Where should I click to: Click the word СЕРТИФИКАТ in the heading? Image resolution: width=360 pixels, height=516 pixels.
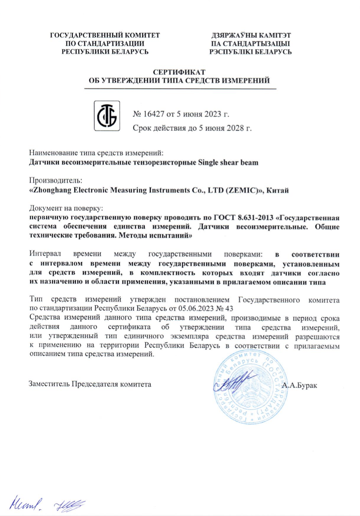pyautogui.click(x=180, y=72)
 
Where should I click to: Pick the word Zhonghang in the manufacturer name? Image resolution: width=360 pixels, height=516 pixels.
pyautogui.click(x=51, y=190)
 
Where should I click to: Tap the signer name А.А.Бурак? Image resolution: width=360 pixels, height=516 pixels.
pyautogui.click(x=299, y=386)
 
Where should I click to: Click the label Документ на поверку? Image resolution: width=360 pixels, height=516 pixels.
pyautogui.click(x=66, y=208)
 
